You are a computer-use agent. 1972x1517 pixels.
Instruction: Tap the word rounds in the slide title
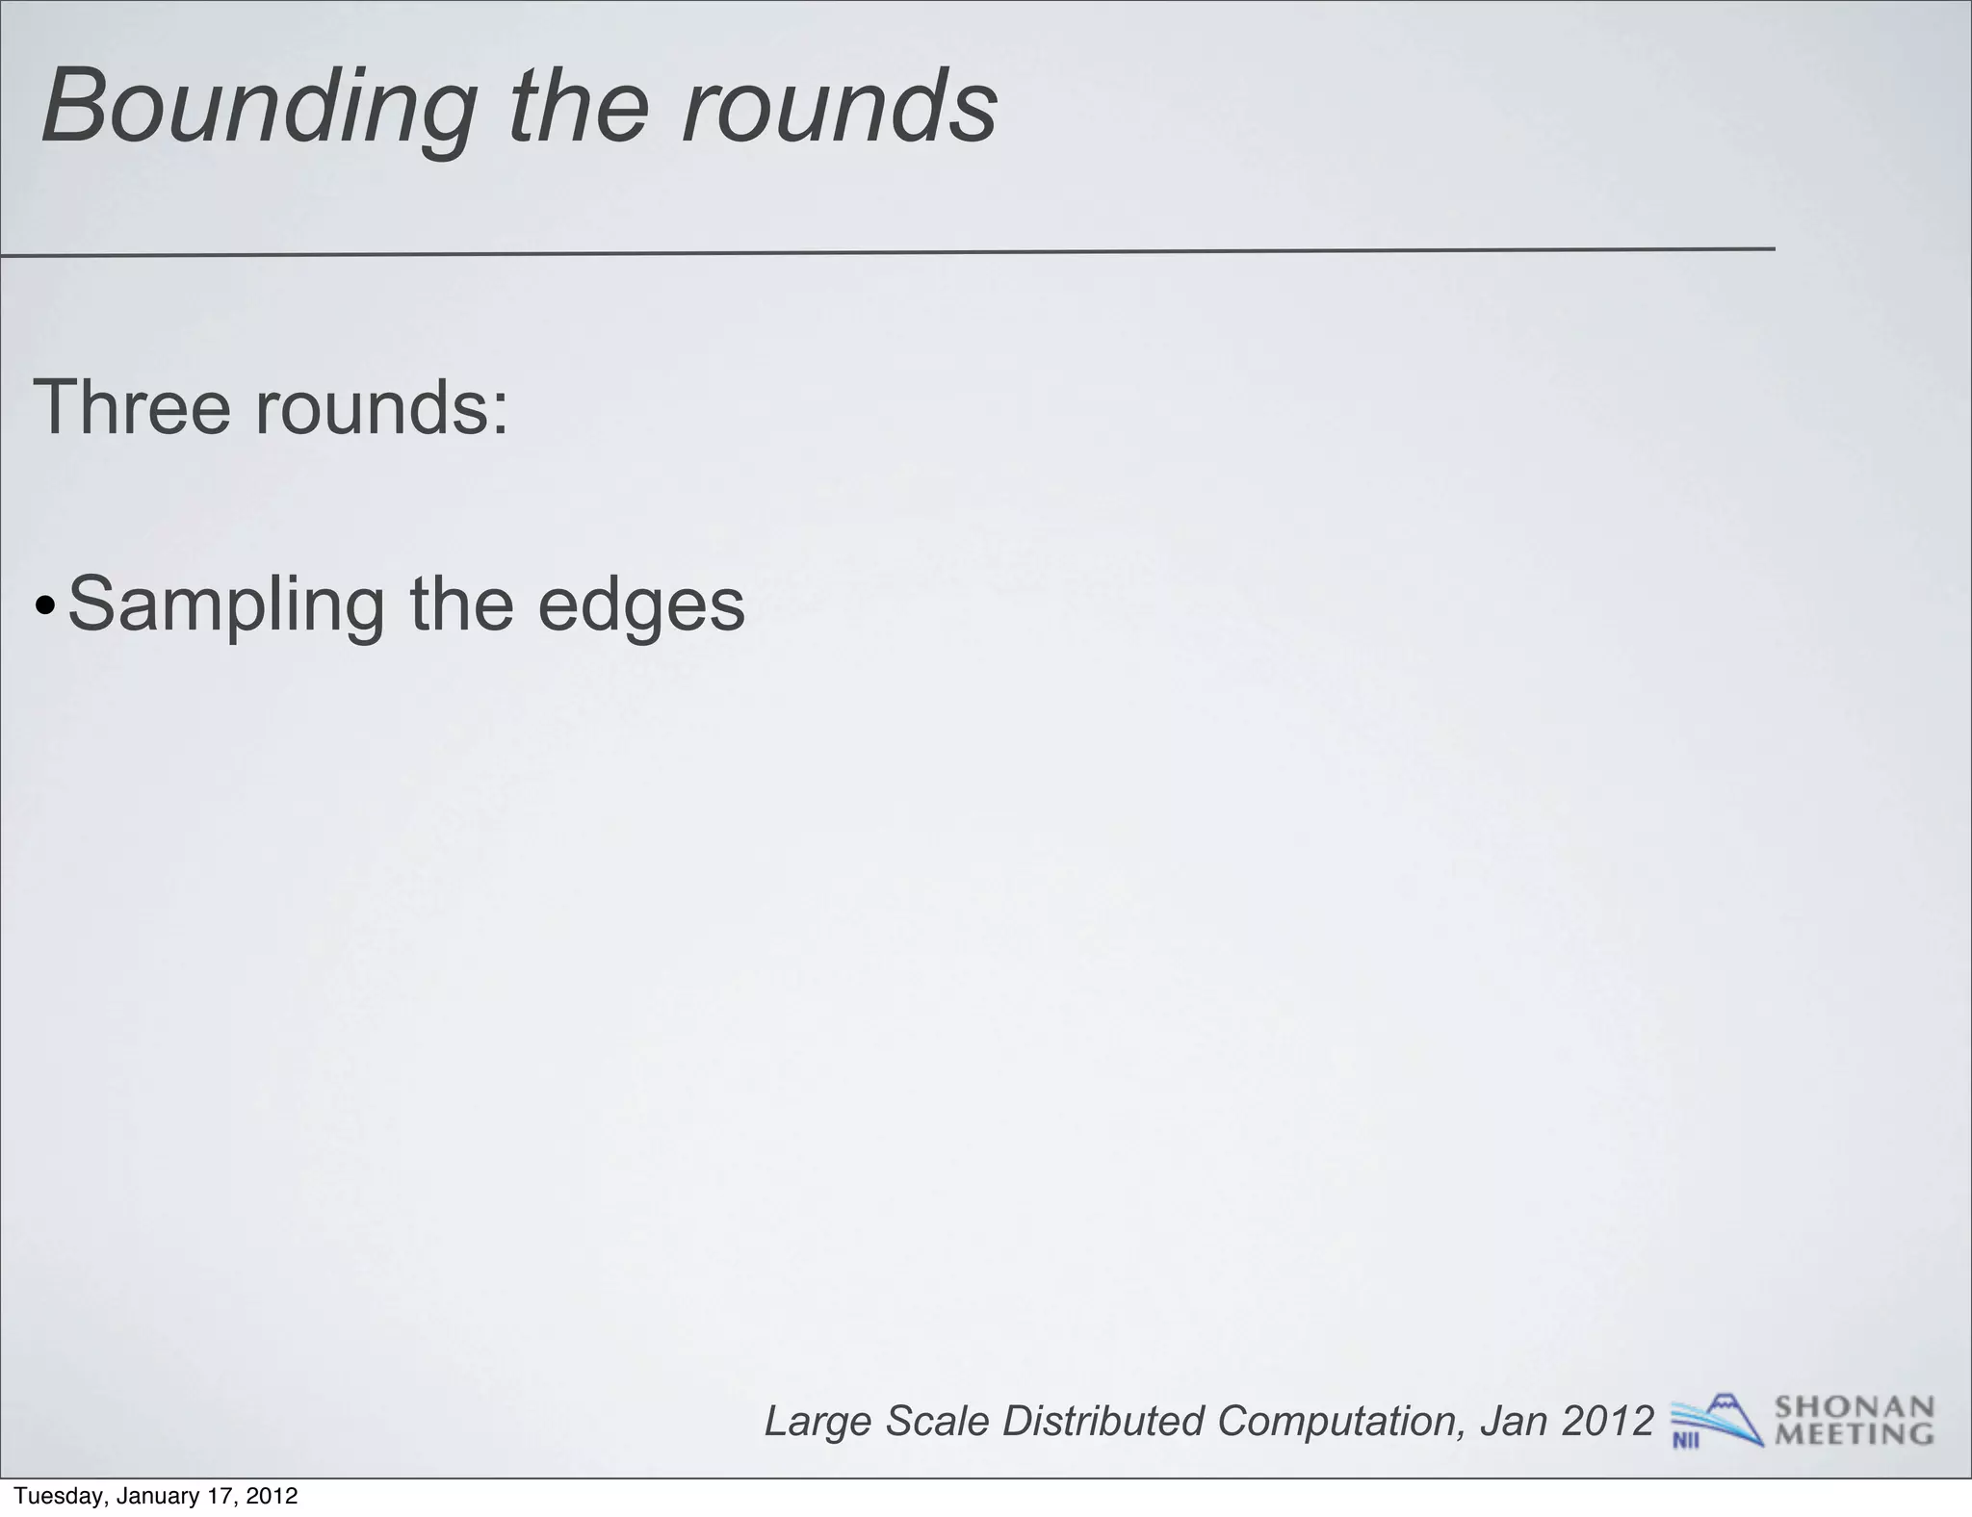[x=839, y=108]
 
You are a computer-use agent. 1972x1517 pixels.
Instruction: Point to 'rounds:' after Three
[x=381, y=407]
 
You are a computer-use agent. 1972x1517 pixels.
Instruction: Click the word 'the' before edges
[x=461, y=604]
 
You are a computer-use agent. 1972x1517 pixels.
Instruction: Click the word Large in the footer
[x=818, y=1421]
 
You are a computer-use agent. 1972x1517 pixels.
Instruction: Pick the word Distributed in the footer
[x=1103, y=1421]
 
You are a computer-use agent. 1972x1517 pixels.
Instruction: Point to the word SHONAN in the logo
[x=1855, y=1408]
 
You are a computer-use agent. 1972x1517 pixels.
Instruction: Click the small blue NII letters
[x=1685, y=1440]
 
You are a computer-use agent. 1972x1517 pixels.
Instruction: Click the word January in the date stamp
[x=160, y=1496]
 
